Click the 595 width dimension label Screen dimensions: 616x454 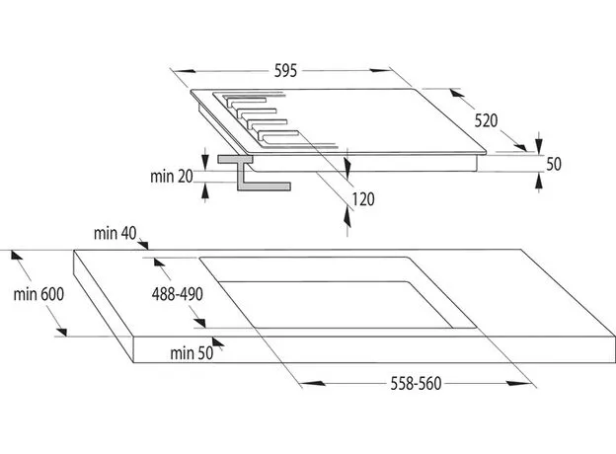click(x=285, y=71)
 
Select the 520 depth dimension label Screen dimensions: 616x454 click(x=486, y=120)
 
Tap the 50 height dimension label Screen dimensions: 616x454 click(x=554, y=164)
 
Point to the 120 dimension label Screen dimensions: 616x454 click(x=362, y=199)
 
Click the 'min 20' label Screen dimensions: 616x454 click(x=172, y=177)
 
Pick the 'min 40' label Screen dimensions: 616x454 click(x=115, y=233)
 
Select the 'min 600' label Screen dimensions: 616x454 click(x=38, y=294)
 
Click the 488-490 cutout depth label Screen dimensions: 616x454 click(x=177, y=294)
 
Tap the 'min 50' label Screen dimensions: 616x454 click(x=192, y=353)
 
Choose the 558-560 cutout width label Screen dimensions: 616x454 click(x=416, y=384)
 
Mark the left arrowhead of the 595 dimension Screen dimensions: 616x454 click(x=184, y=71)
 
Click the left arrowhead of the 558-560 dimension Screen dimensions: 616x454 click(x=314, y=383)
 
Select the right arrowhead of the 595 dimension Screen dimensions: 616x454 click(x=380, y=71)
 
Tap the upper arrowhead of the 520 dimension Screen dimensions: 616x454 click(x=457, y=93)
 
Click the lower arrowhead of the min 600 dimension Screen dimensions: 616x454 click(x=61, y=331)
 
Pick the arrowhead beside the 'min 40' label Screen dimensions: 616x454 click(x=143, y=245)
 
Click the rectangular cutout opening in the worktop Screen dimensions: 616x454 click(x=338, y=292)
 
